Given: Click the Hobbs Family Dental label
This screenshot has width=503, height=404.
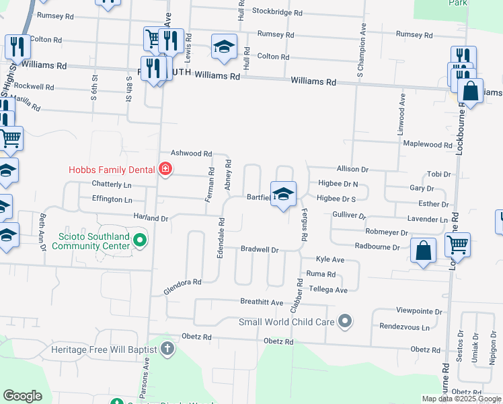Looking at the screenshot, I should pyautogui.click(x=112, y=170).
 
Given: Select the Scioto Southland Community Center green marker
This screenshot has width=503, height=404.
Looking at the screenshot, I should pyautogui.click(x=139, y=239).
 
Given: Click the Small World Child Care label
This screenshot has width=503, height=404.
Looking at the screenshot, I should pyautogui.click(x=287, y=322).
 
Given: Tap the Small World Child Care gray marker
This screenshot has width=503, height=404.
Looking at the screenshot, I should pyautogui.click(x=346, y=321).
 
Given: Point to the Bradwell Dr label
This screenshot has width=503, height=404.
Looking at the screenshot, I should pyautogui.click(x=260, y=249).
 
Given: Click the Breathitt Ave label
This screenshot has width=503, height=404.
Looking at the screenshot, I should pyautogui.click(x=262, y=302).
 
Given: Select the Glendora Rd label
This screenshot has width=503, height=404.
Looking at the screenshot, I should pyautogui.click(x=182, y=286).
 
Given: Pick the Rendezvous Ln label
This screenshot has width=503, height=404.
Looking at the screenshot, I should pyautogui.click(x=404, y=327).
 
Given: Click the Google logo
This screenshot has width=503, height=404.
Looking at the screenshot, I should pyautogui.click(x=23, y=396).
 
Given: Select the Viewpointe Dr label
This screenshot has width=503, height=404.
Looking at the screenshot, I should pyautogui.click(x=420, y=312).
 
